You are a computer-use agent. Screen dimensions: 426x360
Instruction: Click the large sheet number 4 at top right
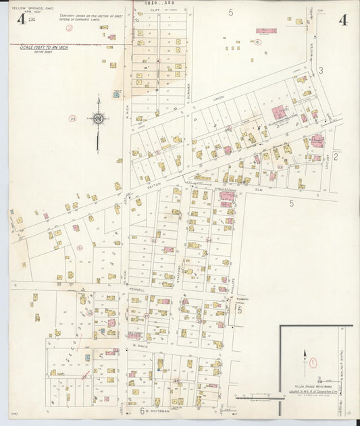pyautogui.click(x=342, y=19)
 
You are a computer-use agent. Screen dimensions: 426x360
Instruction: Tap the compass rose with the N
pyautogui.click(x=99, y=119)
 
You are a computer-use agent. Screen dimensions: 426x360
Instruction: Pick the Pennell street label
pyautogui.click(x=136, y=289)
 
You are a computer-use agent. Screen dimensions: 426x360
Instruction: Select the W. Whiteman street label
pyautogui.click(x=157, y=410)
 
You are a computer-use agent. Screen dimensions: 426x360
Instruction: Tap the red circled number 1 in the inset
pyautogui.click(x=313, y=363)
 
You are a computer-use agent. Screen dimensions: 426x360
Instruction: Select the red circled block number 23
pyautogui.click(x=72, y=118)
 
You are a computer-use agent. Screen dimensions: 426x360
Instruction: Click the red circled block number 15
pyautogui.click(x=257, y=42)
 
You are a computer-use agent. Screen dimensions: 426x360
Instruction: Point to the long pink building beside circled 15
pyautogui.click(x=266, y=31)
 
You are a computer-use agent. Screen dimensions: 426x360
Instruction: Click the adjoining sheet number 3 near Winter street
pyautogui.click(x=321, y=70)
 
